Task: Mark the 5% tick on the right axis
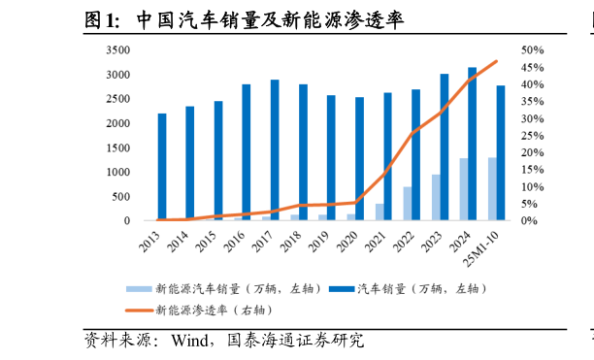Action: click(x=529, y=204)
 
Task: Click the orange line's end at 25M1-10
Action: click(x=497, y=61)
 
